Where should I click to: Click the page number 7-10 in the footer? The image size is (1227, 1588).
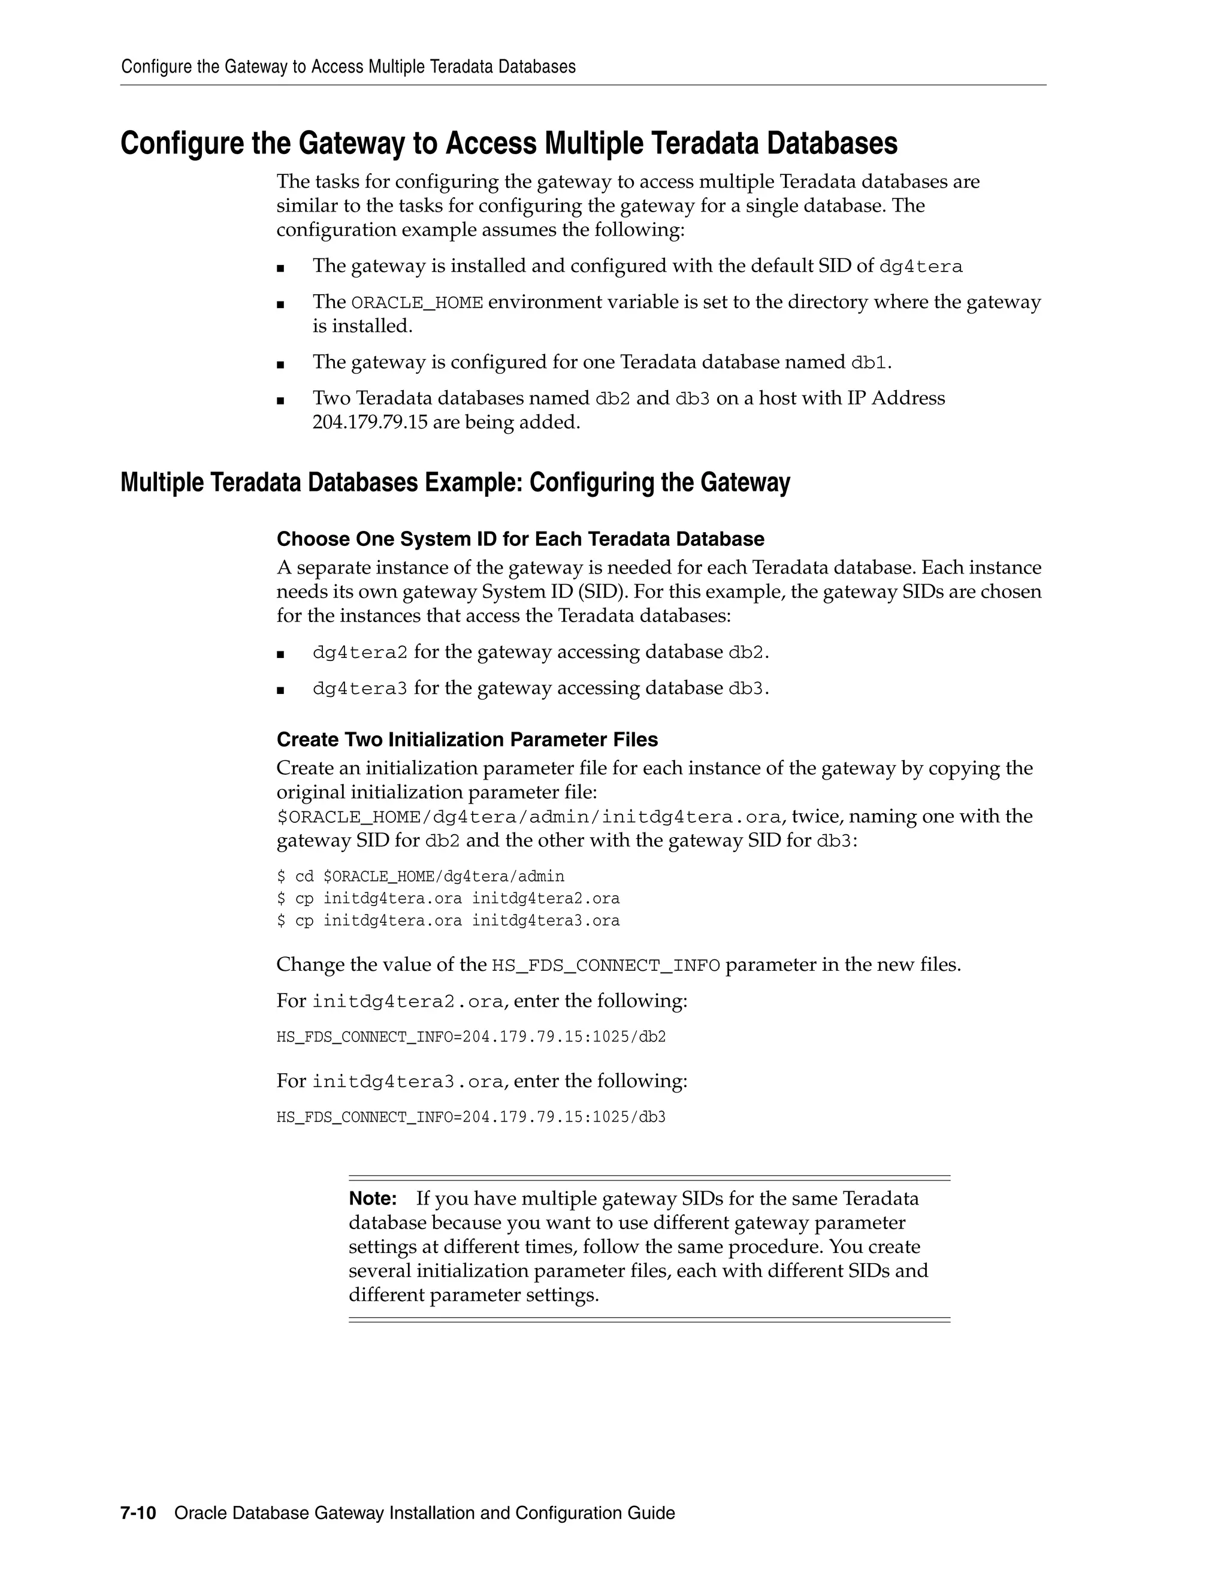tap(138, 1513)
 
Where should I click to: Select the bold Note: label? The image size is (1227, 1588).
tap(372, 1198)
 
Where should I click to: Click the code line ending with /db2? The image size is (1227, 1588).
tap(471, 1037)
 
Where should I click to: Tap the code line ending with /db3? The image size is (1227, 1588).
tap(471, 1117)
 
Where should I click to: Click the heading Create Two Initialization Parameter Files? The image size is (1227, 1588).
tap(467, 739)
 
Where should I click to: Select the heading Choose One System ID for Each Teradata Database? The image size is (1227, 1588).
tap(519, 539)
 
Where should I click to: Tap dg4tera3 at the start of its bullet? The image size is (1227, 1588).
tap(360, 689)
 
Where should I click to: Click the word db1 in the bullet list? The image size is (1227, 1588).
tap(869, 362)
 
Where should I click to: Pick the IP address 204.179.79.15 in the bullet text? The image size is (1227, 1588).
tap(370, 422)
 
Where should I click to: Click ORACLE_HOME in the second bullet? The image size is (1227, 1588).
tap(416, 303)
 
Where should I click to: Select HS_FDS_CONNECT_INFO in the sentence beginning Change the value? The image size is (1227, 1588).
tap(606, 965)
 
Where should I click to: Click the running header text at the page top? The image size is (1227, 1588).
tap(348, 67)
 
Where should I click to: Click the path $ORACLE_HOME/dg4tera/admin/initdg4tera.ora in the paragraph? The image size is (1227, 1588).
tap(529, 817)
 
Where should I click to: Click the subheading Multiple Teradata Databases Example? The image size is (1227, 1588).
tap(455, 483)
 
